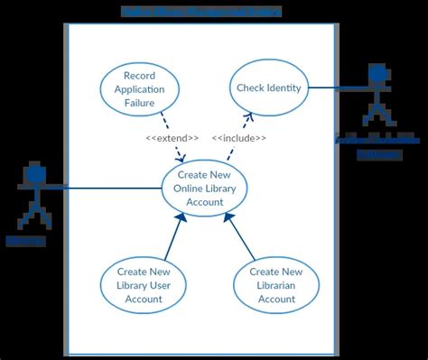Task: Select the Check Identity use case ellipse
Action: coord(269,88)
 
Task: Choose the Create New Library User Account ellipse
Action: coord(143,285)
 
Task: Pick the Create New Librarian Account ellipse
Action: coord(276,285)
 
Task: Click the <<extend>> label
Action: coord(172,138)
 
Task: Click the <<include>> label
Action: coord(239,138)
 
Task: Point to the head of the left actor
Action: coord(35,173)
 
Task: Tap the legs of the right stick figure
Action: coord(377,115)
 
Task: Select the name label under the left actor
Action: coord(25,241)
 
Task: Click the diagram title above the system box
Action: coord(200,12)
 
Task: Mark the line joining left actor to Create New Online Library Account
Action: coord(108,189)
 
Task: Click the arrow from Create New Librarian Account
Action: coord(242,241)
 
